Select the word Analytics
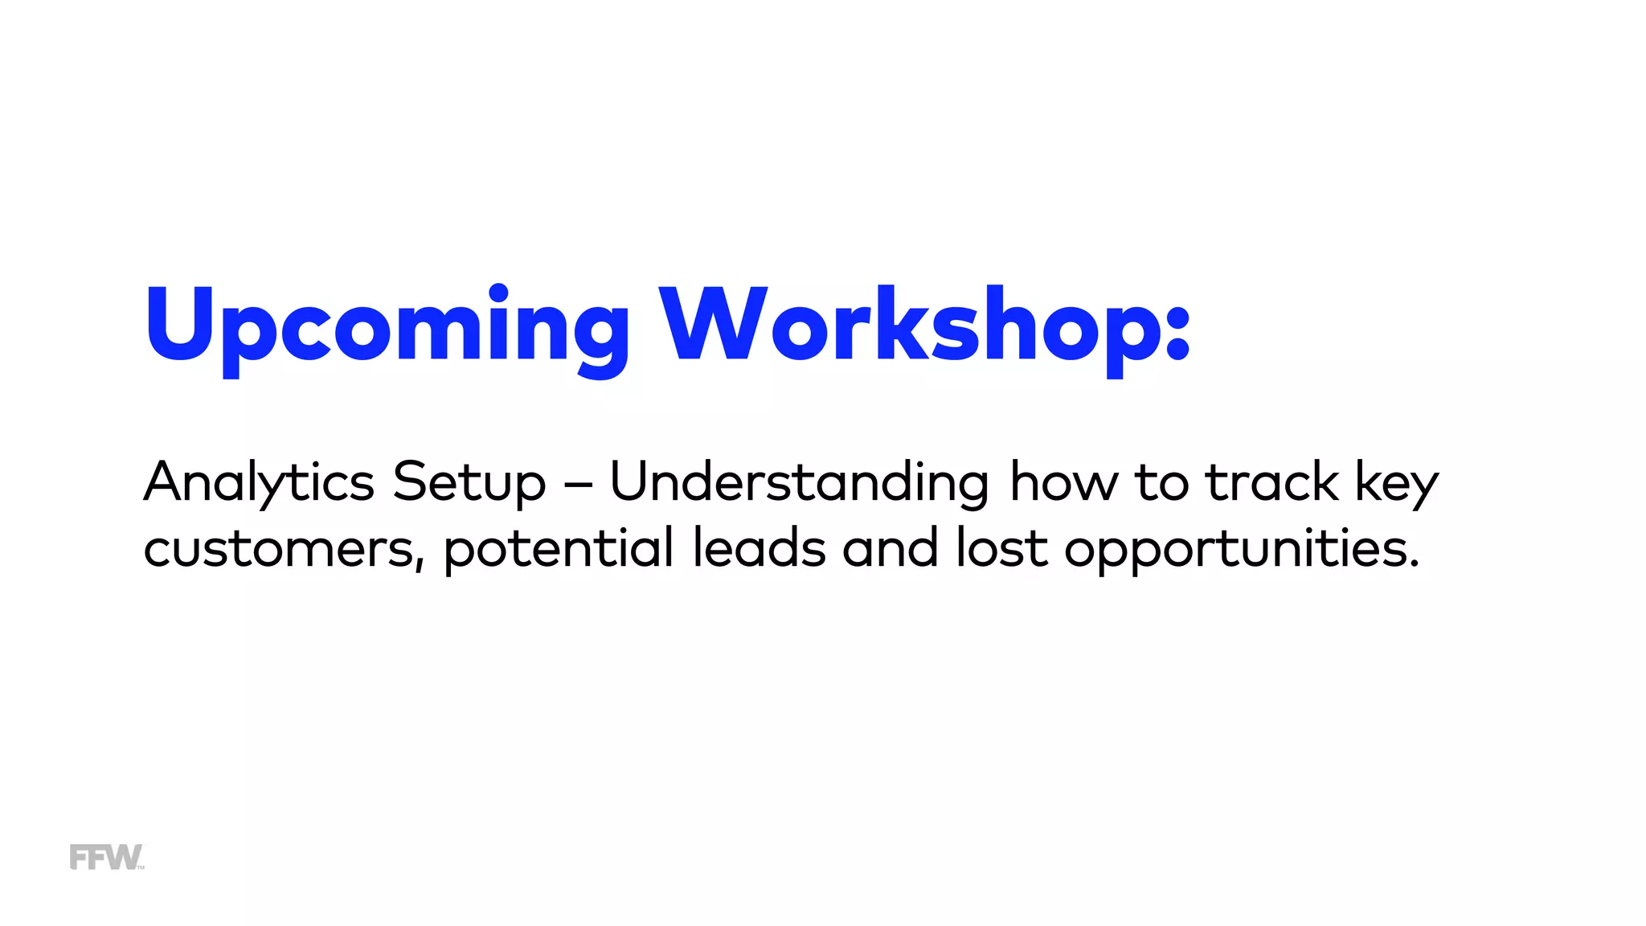[x=259, y=482]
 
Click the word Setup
[x=469, y=482]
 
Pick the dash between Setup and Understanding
[x=578, y=486]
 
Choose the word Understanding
[x=799, y=482]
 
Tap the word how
[x=1063, y=482]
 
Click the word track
[x=1271, y=482]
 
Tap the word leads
[x=759, y=547]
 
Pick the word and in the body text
[x=890, y=547]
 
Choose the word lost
[x=1001, y=547]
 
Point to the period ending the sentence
[x=1414, y=564]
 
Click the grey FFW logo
[x=106, y=857]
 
